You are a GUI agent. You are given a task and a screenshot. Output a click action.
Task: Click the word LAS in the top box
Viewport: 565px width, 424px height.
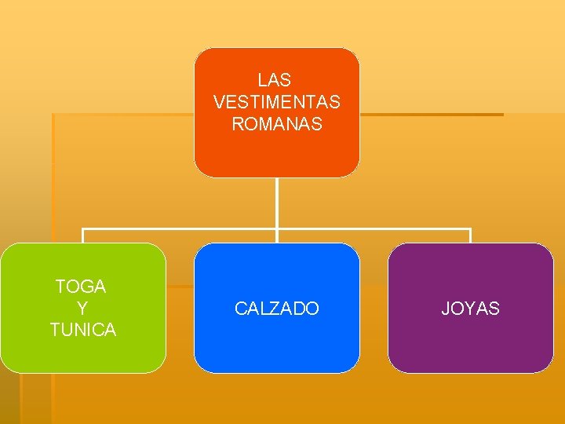pyautogui.click(x=274, y=80)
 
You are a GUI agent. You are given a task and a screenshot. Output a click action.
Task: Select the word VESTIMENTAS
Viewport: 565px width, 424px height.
pyautogui.click(x=276, y=102)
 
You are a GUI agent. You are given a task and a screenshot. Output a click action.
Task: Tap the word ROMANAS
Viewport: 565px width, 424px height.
pyautogui.click(x=276, y=124)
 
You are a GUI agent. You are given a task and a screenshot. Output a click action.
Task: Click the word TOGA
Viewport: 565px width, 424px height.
pyautogui.click(x=82, y=287)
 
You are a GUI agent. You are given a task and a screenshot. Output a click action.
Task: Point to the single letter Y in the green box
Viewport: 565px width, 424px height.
pyautogui.click(x=82, y=309)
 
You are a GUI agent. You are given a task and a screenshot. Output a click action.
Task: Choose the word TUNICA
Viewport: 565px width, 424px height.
pyautogui.click(x=82, y=330)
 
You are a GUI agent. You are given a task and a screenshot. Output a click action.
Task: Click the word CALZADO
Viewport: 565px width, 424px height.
pyautogui.click(x=277, y=309)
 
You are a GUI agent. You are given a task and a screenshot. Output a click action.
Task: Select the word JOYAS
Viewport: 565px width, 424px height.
pyautogui.click(x=470, y=309)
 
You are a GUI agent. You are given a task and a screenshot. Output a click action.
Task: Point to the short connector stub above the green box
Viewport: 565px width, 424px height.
pyautogui.click(x=83, y=236)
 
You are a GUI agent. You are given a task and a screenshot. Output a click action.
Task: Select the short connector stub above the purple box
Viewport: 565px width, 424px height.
pyautogui.click(x=470, y=236)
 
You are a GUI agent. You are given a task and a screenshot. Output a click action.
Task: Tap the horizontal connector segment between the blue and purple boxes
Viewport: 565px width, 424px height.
pyautogui.click(x=374, y=230)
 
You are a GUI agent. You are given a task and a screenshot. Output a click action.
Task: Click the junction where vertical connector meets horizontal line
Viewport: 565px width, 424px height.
pyautogui.click(x=277, y=230)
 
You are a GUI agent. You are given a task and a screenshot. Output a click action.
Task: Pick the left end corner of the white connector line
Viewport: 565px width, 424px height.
pyautogui.click(x=83, y=230)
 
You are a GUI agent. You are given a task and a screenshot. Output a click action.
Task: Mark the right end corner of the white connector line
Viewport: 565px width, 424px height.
pyautogui.click(x=470, y=230)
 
